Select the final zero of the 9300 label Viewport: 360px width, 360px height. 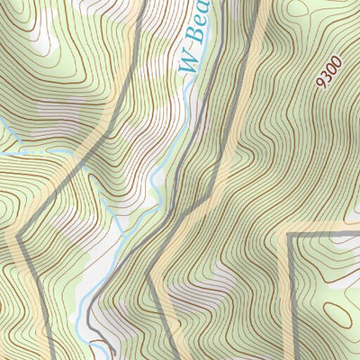pos(336,62)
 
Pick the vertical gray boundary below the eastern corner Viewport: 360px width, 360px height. pos(291,297)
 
